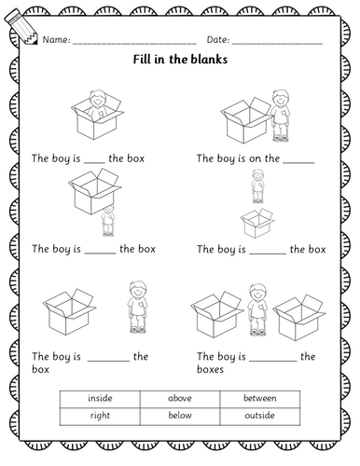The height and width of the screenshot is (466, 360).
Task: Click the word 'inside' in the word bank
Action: tap(100, 398)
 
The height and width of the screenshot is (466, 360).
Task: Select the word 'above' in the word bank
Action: tap(180, 398)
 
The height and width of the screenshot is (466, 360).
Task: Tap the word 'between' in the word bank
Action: tap(259, 398)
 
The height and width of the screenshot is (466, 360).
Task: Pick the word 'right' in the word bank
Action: tap(100, 416)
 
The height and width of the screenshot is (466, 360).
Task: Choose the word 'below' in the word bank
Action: tap(180, 415)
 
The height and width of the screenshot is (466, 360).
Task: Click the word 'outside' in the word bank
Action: tap(259, 415)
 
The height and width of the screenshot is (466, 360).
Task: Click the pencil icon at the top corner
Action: tap(21, 27)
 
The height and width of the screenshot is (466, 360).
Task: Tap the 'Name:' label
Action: tap(56, 40)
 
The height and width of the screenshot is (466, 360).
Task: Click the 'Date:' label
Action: tap(218, 40)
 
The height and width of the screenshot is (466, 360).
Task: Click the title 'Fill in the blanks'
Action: tap(180, 59)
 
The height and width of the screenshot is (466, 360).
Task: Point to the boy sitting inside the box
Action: tap(97, 104)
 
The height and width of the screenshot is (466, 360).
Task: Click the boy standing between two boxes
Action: tap(257, 309)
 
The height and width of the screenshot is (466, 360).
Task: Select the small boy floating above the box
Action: tap(257, 186)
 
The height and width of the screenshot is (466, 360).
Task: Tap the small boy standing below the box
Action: tap(108, 221)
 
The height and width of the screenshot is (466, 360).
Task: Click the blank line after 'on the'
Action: tap(298, 162)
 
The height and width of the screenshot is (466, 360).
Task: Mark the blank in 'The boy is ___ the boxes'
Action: tap(273, 361)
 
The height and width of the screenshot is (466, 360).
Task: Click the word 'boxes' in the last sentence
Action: tap(210, 369)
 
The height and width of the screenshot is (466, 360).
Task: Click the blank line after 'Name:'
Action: tap(134, 44)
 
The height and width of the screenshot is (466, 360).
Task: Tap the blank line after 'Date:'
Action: tap(277, 44)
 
